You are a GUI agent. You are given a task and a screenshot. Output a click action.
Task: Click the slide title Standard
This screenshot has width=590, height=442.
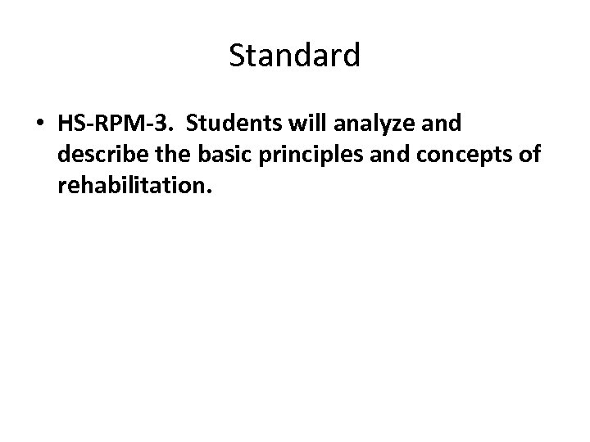(294, 56)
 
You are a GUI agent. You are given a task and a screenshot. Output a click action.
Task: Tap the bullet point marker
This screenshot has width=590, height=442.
(39, 124)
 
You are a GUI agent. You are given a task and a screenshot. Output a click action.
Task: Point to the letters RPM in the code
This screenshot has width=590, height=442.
(115, 124)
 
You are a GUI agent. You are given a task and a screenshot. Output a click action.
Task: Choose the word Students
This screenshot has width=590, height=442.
(229, 124)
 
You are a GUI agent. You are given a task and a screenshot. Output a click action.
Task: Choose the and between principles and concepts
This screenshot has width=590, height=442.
(370, 156)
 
